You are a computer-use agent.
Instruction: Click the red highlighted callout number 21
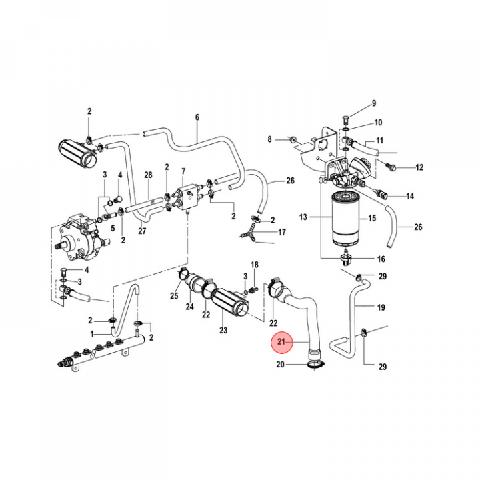click(x=281, y=343)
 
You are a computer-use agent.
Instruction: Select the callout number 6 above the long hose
click(x=197, y=118)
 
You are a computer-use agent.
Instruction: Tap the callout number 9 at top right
click(x=374, y=103)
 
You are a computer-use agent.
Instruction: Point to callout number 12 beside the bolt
click(x=419, y=167)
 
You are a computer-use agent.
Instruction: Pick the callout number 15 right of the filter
click(x=372, y=218)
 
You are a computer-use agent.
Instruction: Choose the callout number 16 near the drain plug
click(x=381, y=259)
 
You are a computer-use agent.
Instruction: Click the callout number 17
click(x=282, y=233)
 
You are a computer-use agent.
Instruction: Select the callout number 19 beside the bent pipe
click(x=381, y=307)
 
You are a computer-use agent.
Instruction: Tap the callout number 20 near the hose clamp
click(x=280, y=365)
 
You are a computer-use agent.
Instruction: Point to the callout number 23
click(x=223, y=330)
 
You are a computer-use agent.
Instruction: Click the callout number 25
click(x=174, y=296)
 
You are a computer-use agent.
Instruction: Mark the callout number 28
click(x=149, y=175)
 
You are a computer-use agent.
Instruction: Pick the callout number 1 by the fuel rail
click(x=93, y=333)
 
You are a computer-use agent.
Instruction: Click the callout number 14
click(x=410, y=196)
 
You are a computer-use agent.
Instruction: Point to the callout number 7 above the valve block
click(x=183, y=171)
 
